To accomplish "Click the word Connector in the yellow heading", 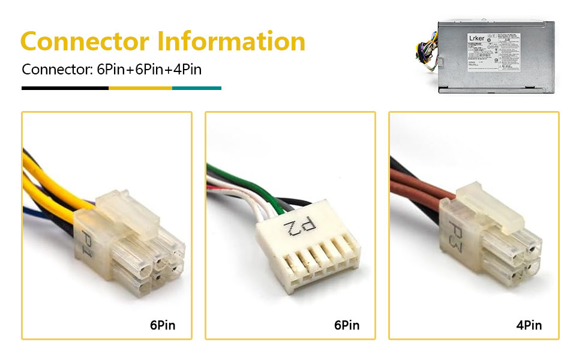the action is click(84, 42).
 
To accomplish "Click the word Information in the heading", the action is click(232, 42).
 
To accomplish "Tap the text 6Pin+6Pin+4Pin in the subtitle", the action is click(149, 69).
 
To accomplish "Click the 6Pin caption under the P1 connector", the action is click(163, 325).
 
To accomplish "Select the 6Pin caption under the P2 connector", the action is click(347, 325).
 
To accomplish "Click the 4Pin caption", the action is click(529, 325).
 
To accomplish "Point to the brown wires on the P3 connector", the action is click(420, 183).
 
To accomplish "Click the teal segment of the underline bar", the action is click(197, 88).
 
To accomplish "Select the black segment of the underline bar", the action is click(65, 88).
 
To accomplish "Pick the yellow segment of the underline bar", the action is click(140, 88).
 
